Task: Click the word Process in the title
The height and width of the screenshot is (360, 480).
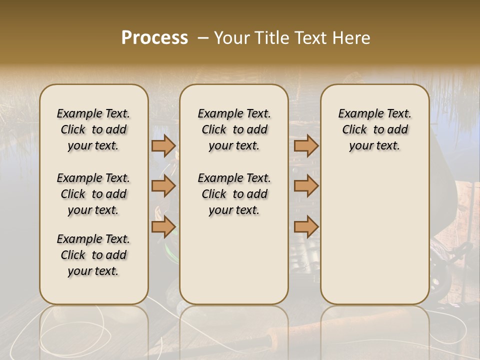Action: tap(154, 38)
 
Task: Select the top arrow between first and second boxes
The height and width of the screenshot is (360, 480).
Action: tap(163, 146)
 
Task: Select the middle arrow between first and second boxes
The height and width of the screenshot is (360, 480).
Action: tap(163, 186)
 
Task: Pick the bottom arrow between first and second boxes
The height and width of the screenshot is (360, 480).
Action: tap(163, 227)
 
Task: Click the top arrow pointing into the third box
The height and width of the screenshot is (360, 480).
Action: tap(306, 146)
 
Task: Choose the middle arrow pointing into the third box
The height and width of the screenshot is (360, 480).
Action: tap(306, 186)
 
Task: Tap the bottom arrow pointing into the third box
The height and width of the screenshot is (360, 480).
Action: tap(306, 227)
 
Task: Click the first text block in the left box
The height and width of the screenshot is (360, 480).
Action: tap(93, 129)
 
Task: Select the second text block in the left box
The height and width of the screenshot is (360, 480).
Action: tap(93, 194)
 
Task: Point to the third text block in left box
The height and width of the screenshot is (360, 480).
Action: tap(93, 255)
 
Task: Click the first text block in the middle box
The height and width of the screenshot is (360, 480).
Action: tap(234, 129)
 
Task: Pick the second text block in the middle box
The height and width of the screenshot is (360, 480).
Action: tap(234, 194)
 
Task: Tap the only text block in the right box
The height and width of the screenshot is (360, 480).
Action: tap(374, 129)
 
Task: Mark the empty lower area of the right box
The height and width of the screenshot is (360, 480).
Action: tap(374, 235)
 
